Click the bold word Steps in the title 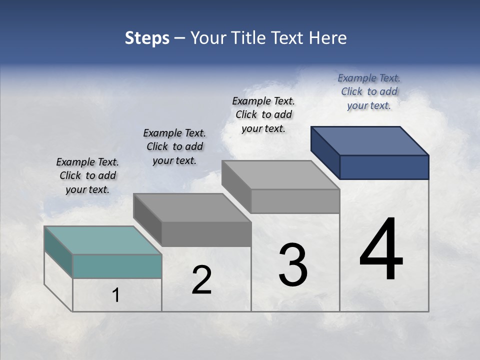pyautogui.click(x=147, y=38)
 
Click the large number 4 pyautogui.click(x=381, y=250)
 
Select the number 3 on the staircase pyautogui.click(x=293, y=265)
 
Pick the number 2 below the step pyautogui.click(x=201, y=280)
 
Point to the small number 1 pyautogui.click(x=116, y=295)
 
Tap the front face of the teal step pyautogui.click(x=117, y=266)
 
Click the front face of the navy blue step pyautogui.click(x=384, y=167)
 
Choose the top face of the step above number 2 pyautogui.click(x=192, y=207)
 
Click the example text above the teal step pyautogui.click(x=87, y=176)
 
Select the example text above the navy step pyautogui.click(x=369, y=91)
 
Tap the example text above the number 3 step pyautogui.click(x=263, y=114)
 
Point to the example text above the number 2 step pyautogui.click(x=174, y=146)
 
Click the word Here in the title pyautogui.click(x=328, y=38)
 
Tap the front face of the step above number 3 pyautogui.click(x=295, y=201)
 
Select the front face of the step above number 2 pyautogui.click(x=206, y=234)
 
